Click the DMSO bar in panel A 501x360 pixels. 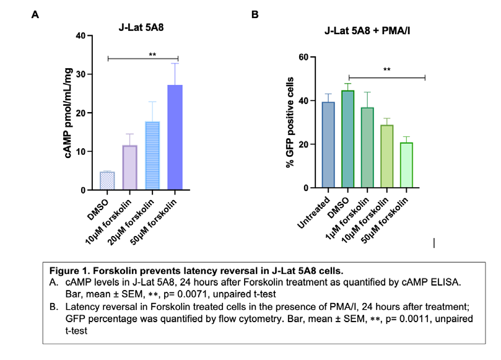click(x=107, y=181)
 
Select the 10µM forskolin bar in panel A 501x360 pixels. click(x=129, y=167)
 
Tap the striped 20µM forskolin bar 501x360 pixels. click(x=152, y=156)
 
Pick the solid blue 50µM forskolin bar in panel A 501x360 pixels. click(x=175, y=138)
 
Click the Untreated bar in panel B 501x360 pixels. click(x=328, y=145)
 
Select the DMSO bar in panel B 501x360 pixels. click(x=347, y=139)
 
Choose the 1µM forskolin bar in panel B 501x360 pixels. click(x=367, y=147)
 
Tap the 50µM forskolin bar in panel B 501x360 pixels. click(x=406, y=165)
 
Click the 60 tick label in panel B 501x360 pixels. click(x=303, y=57)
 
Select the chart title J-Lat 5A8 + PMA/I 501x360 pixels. click(x=367, y=31)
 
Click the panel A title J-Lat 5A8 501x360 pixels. click(x=141, y=27)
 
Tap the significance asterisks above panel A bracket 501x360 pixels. click(x=152, y=55)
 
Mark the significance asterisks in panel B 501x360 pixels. click(x=386, y=69)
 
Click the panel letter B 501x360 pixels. click(x=255, y=14)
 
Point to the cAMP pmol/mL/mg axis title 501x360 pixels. click(x=68, y=113)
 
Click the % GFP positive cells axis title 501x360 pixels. click(x=289, y=123)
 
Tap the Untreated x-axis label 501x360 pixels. click(x=313, y=213)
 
